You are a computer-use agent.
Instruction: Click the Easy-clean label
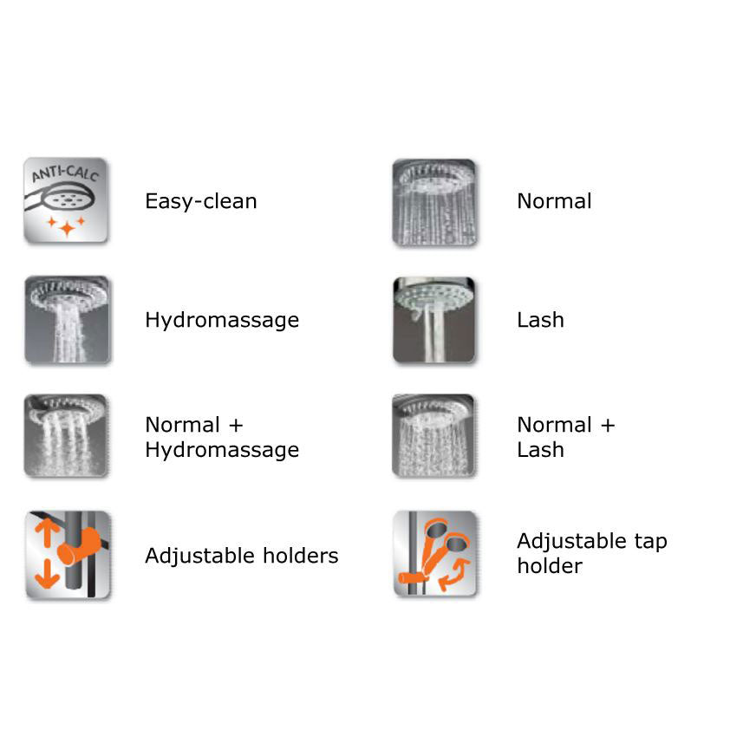(200, 201)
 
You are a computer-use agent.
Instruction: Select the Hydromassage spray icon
(67, 319)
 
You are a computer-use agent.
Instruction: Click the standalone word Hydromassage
(221, 320)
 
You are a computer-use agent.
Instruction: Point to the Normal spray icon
(434, 201)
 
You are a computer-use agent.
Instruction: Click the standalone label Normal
(554, 201)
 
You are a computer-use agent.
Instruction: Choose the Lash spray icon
(434, 319)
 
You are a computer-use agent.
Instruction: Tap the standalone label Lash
(540, 320)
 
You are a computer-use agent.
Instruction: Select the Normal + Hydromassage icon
(67, 436)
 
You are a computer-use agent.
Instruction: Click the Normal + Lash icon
(434, 436)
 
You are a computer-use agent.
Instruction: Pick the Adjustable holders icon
(67, 555)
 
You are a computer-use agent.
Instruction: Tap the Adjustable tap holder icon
(434, 553)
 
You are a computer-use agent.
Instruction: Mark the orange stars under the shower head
(67, 226)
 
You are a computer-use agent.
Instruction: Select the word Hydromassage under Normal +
(221, 450)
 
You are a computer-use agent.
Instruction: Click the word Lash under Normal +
(540, 450)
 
